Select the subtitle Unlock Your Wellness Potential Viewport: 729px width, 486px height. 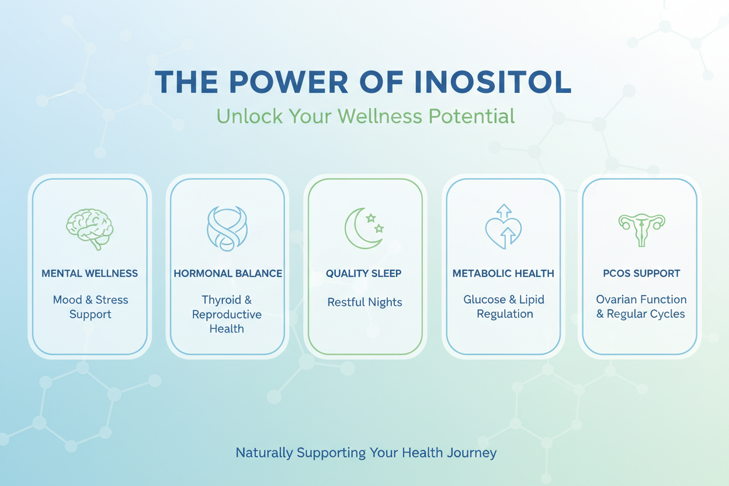point(365,116)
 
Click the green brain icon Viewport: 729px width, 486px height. point(89,228)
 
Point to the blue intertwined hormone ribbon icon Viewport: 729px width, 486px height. point(227,228)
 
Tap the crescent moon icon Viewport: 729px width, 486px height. point(361,228)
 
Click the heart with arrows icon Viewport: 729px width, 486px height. point(504,228)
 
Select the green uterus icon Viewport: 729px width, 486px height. point(641,228)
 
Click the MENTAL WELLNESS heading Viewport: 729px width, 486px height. point(89,273)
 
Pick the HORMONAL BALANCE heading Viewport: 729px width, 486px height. point(228,273)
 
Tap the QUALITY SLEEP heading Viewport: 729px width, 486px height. point(363,273)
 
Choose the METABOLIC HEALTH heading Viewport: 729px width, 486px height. point(504,273)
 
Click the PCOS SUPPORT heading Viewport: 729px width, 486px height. point(641,273)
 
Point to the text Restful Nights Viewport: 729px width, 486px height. point(364,303)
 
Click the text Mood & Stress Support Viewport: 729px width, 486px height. point(90,307)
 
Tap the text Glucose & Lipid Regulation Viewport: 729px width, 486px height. point(504,307)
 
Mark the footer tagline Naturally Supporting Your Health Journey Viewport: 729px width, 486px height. point(366,453)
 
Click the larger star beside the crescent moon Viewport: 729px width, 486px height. point(370,218)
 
